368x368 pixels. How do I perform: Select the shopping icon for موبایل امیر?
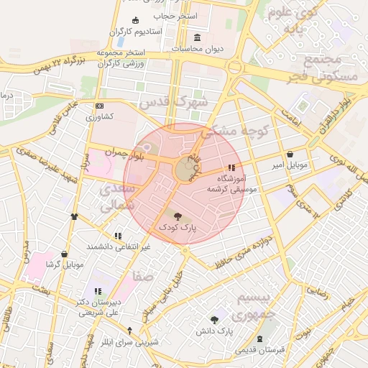290,154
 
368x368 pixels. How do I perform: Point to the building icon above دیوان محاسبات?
198,37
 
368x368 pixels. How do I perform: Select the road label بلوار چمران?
124,152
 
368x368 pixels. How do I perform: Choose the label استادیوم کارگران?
137,32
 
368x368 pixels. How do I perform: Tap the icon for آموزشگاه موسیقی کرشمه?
231,167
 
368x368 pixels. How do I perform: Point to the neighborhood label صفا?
142,277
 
